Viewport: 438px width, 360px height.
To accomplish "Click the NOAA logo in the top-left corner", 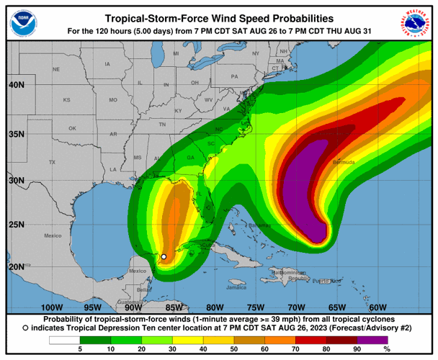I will click(x=22, y=24).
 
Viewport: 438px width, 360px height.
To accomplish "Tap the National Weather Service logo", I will click(x=416, y=24).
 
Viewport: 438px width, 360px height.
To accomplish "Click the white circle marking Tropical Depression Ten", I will click(x=164, y=256).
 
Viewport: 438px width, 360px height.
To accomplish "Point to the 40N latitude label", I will click(x=16, y=84).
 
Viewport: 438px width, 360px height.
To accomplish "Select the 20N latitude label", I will click(x=16, y=266).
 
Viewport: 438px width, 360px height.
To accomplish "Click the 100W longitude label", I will click(x=53, y=307).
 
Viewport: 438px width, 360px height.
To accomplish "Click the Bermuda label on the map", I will click(x=344, y=163).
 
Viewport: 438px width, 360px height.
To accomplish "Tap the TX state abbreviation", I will click(x=51, y=163).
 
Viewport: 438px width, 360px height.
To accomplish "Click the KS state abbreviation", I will click(x=66, y=99).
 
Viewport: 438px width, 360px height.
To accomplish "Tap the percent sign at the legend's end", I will click(x=407, y=350).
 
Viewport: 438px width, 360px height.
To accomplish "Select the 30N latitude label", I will click(x=16, y=180).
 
